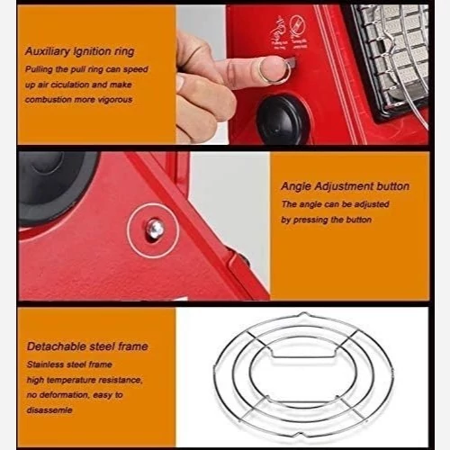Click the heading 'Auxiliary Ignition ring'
(79, 51)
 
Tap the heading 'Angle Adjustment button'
(345, 186)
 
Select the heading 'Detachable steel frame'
(87, 346)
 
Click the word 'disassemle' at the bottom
(49, 410)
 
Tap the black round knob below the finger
(282, 120)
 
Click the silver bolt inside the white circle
(155, 229)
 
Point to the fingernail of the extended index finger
(270, 67)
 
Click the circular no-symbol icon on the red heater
(299, 26)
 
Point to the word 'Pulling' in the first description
(39, 69)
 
